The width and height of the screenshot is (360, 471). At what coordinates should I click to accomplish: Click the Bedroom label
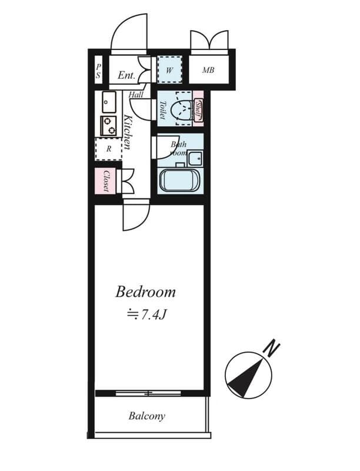click(145, 291)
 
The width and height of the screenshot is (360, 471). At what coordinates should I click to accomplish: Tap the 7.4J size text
click(148, 315)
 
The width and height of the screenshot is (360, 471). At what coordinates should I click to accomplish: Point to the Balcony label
click(146, 416)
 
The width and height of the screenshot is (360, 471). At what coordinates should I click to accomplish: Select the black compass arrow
click(245, 377)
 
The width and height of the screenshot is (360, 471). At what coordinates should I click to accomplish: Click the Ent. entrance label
click(126, 75)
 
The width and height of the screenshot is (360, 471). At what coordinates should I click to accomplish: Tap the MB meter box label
click(208, 71)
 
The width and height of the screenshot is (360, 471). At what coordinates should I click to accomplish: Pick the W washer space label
click(169, 71)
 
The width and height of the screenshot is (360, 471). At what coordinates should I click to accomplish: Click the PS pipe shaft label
click(98, 71)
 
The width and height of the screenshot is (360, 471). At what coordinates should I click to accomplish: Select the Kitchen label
click(127, 133)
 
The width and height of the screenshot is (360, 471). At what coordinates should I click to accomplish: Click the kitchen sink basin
click(109, 102)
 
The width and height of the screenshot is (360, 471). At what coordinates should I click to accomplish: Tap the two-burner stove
click(108, 125)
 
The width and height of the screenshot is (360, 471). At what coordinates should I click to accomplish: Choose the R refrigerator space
click(109, 149)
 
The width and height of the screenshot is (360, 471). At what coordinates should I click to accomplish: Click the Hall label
click(136, 94)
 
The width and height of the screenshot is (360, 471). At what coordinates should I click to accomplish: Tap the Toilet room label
click(162, 109)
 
